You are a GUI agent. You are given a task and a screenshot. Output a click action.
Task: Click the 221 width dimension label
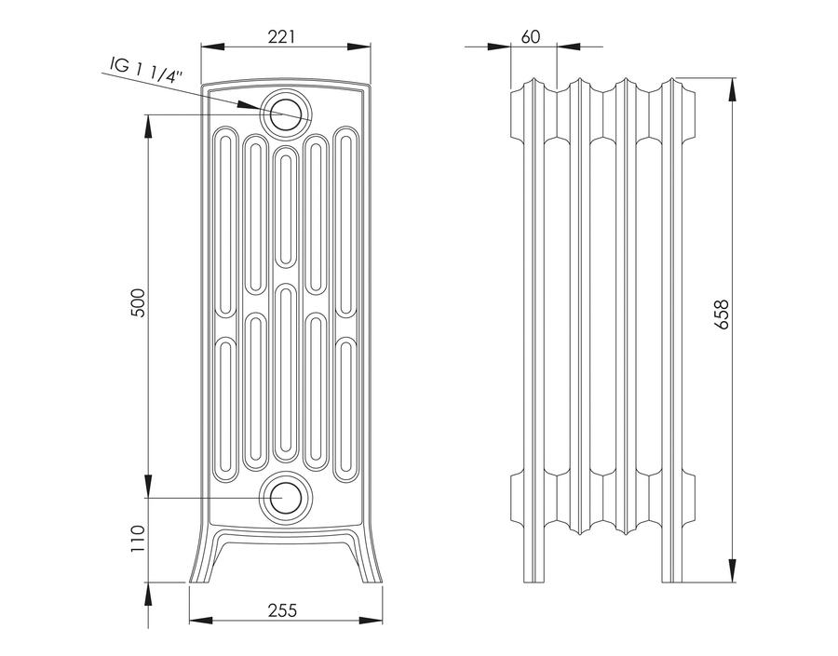pos(281,36)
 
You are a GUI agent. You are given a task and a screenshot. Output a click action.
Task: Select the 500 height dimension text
pos(138,302)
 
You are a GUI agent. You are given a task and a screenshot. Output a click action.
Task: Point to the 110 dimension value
pos(138,539)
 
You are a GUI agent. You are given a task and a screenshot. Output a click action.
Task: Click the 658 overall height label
pos(722,315)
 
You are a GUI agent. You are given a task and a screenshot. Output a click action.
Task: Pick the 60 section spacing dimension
pos(531,36)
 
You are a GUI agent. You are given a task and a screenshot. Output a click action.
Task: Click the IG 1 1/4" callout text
pos(146,70)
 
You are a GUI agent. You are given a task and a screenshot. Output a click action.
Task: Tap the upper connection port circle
pos(286,114)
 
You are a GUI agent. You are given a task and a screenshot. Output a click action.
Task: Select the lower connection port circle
pos(286,498)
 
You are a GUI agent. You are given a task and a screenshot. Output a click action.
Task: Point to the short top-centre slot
pos(286,207)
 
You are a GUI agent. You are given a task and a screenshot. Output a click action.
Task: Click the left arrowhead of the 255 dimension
pos(201,621)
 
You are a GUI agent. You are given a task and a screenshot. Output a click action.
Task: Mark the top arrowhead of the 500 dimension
pos(148,126)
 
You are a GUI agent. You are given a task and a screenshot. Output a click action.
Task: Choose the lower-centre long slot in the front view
pos(286,373)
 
